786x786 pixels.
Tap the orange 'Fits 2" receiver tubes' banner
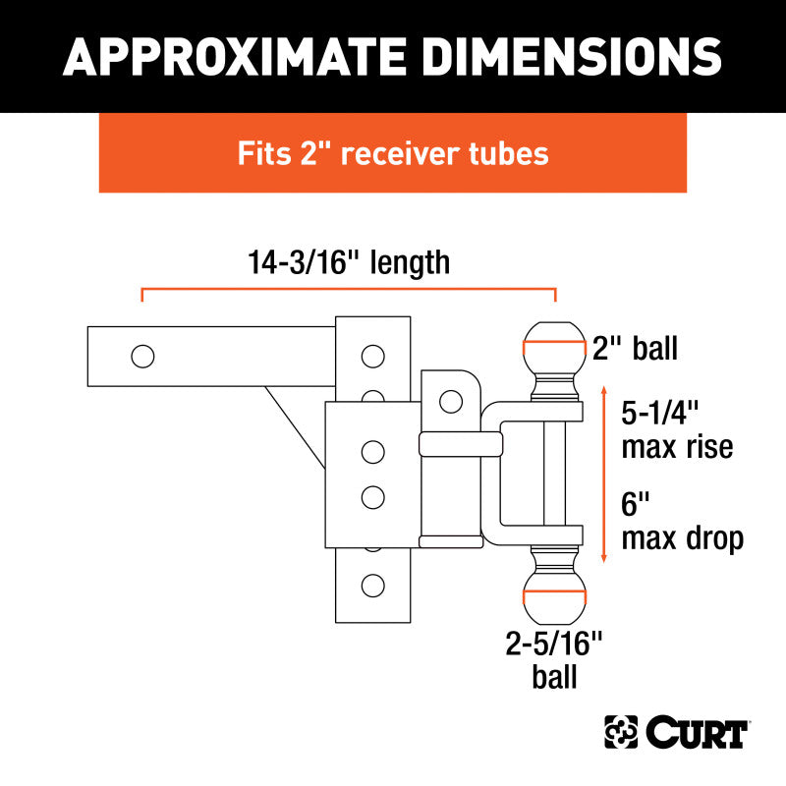[x=393, y=153]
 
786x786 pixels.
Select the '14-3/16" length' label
[x=349, y=262]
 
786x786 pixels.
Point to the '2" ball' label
[x=635, y=348]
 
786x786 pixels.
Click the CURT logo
[x=678, y=732]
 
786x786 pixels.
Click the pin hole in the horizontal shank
[x=142, y=356]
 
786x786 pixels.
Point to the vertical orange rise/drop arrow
[x=603, y=476]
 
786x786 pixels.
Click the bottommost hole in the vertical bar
[x=372, y=587]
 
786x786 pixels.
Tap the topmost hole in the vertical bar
[x=372, y=355]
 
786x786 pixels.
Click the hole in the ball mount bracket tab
[x=451, y=401]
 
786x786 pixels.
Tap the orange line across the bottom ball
[x=553, y=598]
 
